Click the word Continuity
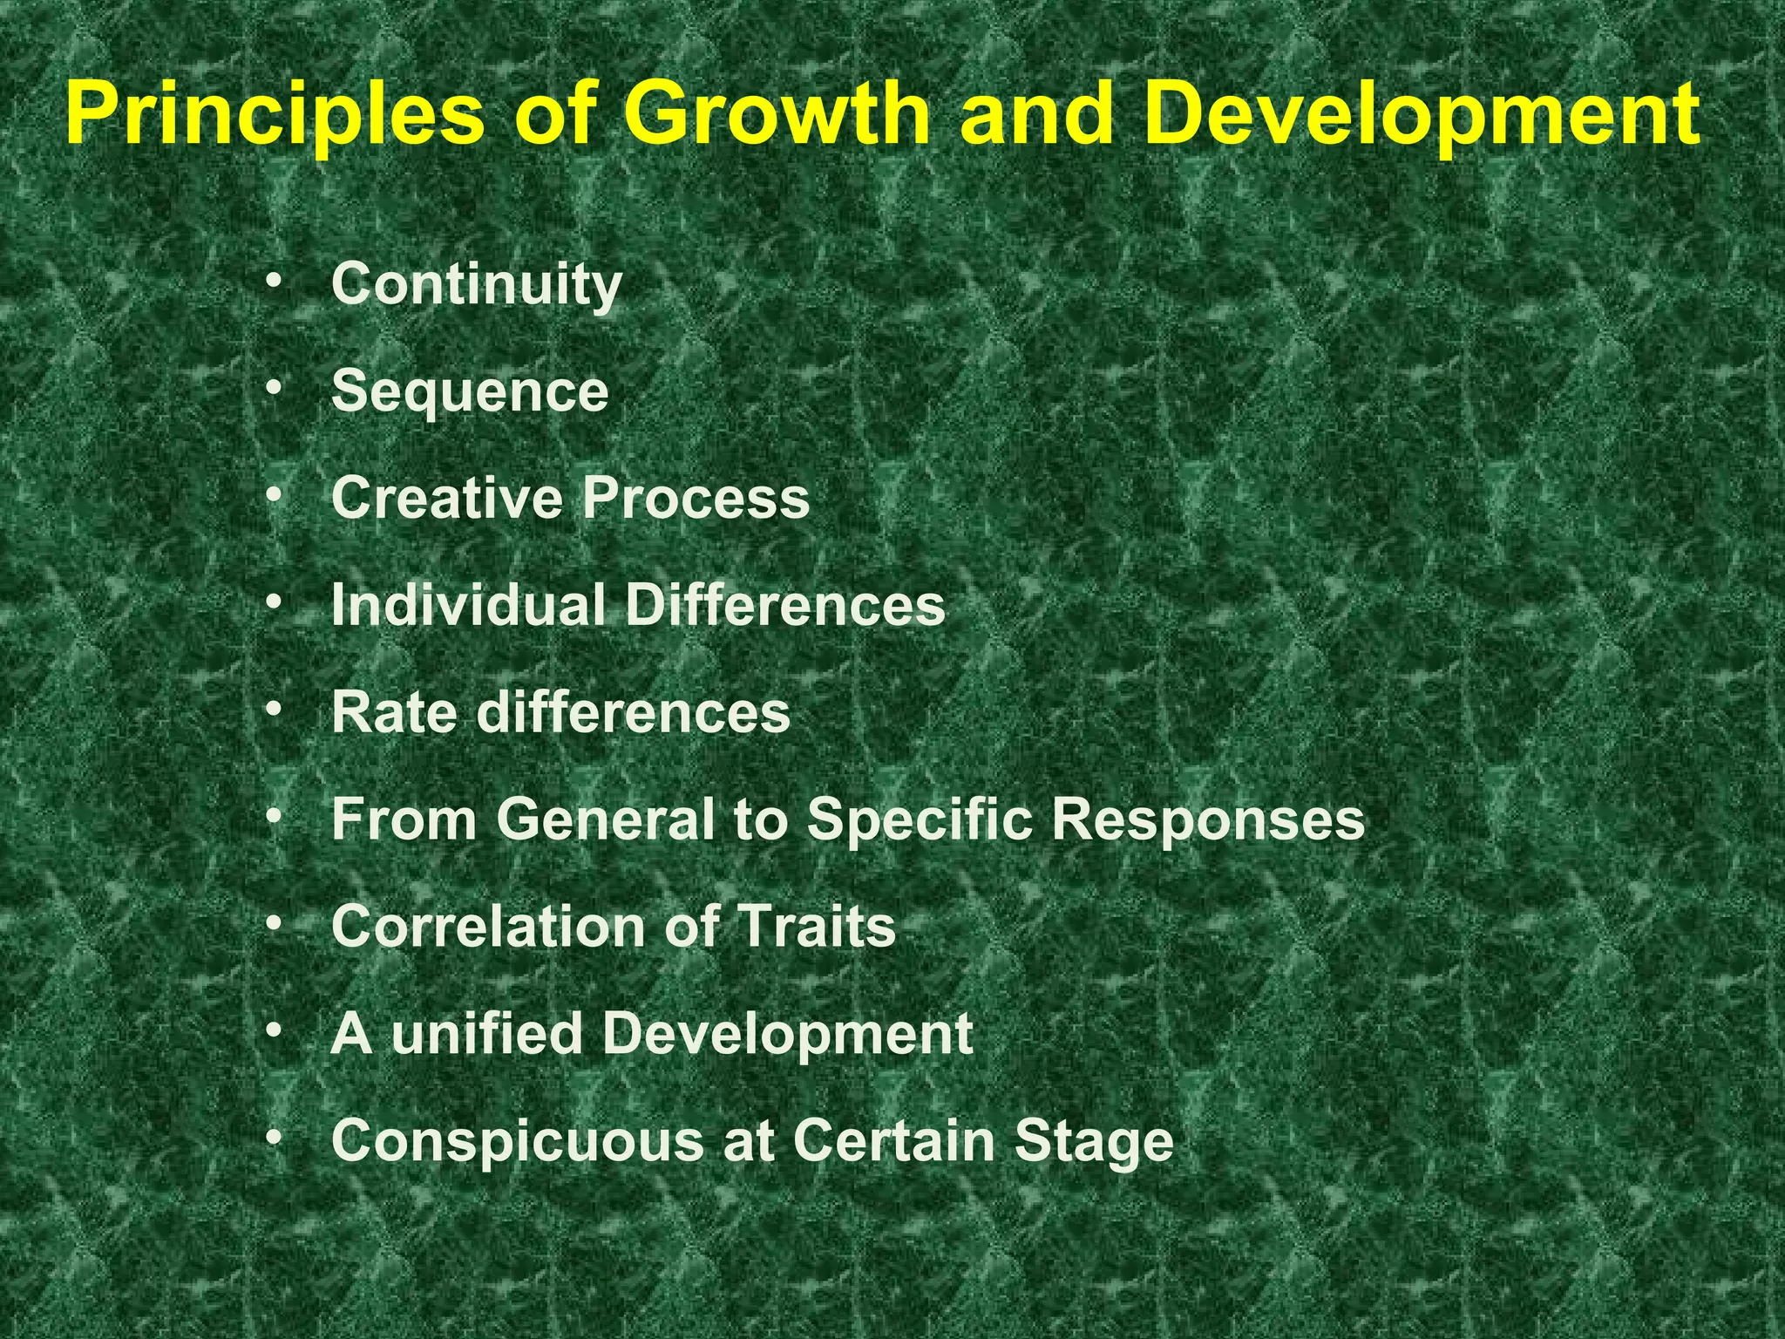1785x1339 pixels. click(477, 284)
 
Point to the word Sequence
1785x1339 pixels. click(470, 391)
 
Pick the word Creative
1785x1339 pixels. click(446, 498)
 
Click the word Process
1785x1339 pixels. click(696, 498)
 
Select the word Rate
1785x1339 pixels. click(394, 712)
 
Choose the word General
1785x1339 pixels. click(606, 819)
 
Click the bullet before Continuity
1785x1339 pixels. click(275, 282)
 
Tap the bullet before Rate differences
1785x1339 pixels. click(275, 710)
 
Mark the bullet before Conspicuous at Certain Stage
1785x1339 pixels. click(275, 1138)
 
